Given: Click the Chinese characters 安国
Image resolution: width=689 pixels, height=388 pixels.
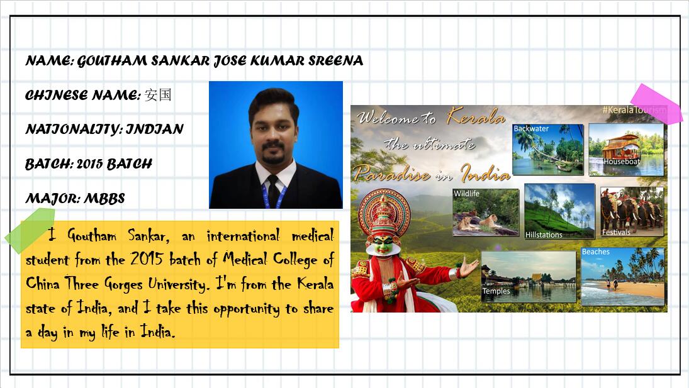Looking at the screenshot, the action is [x=158, y=95].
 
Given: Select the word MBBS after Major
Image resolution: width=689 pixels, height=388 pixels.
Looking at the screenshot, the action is [x=104, y=198].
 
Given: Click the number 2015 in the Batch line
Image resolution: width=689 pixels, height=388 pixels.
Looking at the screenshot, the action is [x=89, y=164].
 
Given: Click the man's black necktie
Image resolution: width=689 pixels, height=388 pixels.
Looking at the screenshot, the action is [x=273, y=191].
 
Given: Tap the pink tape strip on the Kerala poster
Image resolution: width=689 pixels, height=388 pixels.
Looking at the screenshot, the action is [x=656, y=104].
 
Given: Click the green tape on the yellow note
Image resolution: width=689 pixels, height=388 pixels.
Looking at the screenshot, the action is [x=30, y=230].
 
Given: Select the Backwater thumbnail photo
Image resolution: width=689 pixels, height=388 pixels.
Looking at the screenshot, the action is [x=547, y=150].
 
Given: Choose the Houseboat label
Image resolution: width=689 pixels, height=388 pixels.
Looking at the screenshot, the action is [x=621, y=162].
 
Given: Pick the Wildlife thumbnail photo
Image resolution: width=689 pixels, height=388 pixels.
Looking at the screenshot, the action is [x=486, y=213].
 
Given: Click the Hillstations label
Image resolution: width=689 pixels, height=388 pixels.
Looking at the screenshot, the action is [x=544, y=235].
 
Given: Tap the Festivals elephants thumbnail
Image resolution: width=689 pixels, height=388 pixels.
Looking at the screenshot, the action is [x=632, y=212].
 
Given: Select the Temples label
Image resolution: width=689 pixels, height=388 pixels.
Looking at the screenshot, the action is [x=496, y=291].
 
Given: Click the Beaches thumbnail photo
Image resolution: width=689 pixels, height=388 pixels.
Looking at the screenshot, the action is [x=623, y=277].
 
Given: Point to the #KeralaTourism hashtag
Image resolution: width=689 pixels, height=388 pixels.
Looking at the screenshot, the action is [x=634, y=109].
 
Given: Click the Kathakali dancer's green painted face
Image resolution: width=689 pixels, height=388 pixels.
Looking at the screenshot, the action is [x=383, y=244].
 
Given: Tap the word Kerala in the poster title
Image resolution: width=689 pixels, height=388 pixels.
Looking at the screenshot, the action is [x=476, y=116].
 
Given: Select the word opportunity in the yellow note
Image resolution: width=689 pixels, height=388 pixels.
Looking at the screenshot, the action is [x=246, y=309].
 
